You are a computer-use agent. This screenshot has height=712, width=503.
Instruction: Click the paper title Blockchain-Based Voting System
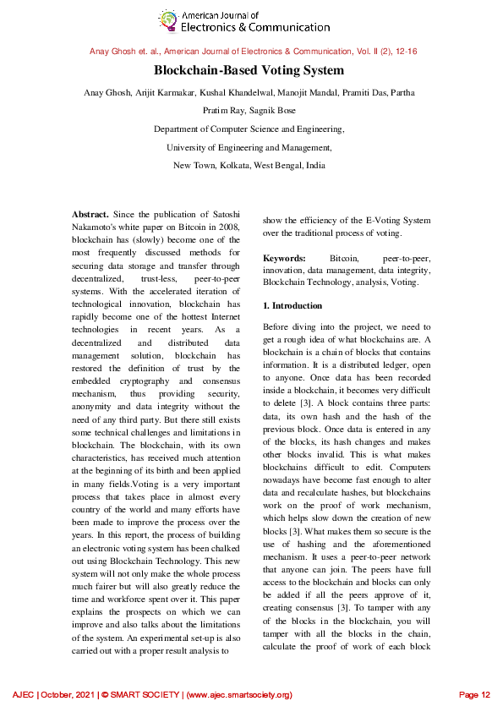click(x=249, y=71)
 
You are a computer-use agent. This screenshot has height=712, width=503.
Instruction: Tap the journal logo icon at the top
click(x=169, y=21)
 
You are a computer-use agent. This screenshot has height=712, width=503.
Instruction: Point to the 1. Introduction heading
click(x=292, y=305)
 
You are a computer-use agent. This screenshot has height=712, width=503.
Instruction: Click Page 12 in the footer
click(x=474, y=694)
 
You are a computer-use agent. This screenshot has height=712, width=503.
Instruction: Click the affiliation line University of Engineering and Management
click(x=249, y=147)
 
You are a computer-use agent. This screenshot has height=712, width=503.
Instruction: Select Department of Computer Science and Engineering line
click(x=249, y=129)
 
